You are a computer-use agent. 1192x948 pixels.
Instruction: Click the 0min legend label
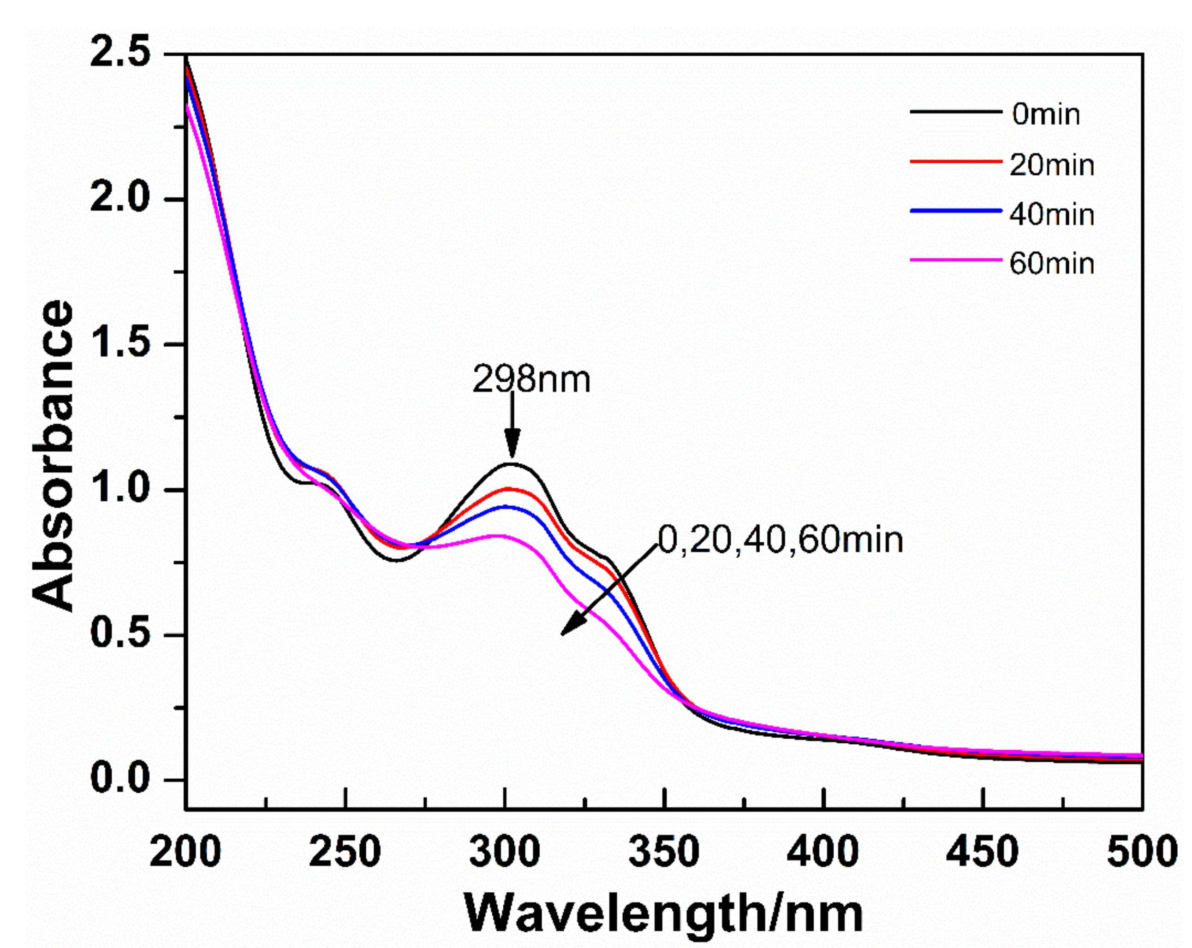click(1045, 115)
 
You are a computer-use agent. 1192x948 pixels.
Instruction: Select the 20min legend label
click(1052, 165)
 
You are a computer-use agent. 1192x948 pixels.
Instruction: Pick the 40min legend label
click(1052, 214)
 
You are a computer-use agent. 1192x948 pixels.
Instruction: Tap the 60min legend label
click(1052, 263)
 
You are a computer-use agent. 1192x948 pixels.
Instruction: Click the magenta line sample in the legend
click(955, 259)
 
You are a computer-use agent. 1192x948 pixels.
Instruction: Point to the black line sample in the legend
click(955, 112)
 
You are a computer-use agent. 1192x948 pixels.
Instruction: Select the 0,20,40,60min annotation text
click(780, 540)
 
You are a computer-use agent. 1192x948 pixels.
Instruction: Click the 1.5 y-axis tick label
click(120, 344)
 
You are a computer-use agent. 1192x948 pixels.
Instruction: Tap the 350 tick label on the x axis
click(663, 852)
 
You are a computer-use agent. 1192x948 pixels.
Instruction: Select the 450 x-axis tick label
click(982, 852)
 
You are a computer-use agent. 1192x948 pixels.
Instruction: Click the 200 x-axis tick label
click(186, 852)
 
